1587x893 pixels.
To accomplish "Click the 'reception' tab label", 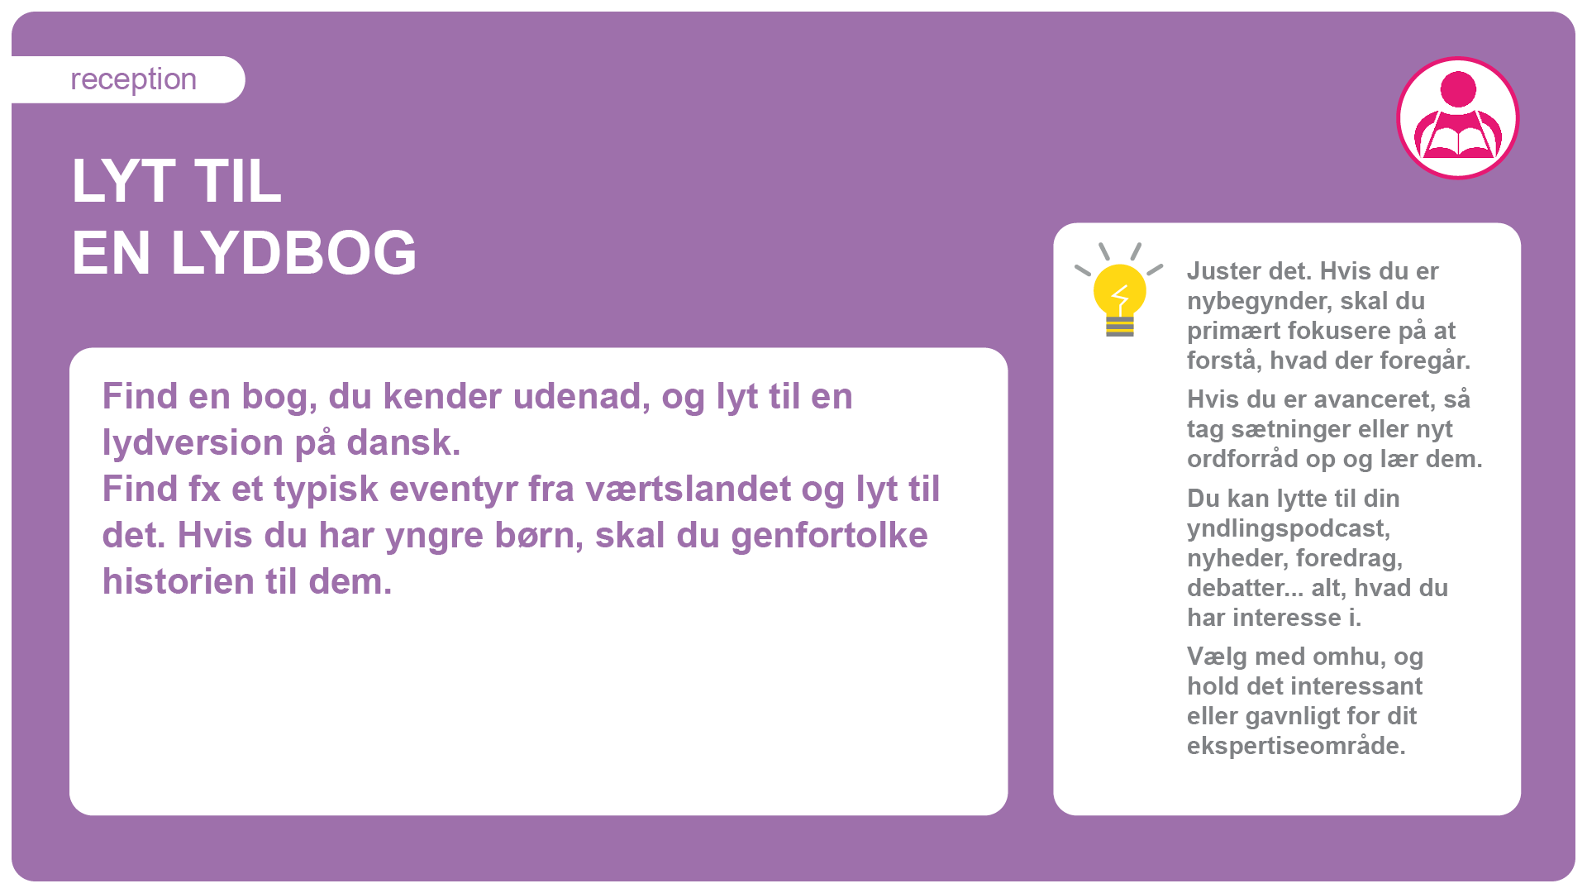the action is coord(133,79).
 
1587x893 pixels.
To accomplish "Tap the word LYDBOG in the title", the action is coord(293,253).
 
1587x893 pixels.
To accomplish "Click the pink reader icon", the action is coord(1458,118).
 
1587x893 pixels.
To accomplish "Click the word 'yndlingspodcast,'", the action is coord(1289,529).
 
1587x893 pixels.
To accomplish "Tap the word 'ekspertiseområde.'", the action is coord(1296,747).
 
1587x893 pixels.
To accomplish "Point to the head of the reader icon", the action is coord(1458,89).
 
